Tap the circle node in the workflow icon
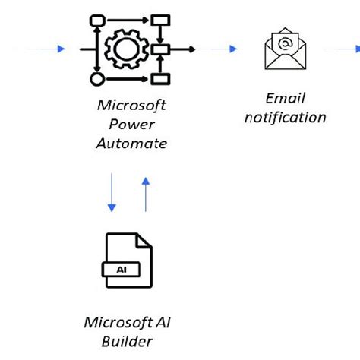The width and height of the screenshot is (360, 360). tap(96, 78)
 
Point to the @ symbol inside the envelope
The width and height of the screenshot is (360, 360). tap(285, 43)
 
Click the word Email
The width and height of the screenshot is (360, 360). tap(284, 99)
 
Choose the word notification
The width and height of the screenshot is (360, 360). tap(285, 117)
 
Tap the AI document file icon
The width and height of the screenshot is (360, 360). tap(127, 262)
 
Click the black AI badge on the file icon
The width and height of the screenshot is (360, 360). tap(122, 269)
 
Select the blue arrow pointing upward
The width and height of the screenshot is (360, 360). tap(146, 193)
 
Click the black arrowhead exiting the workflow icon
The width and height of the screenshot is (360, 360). tap(191, 49)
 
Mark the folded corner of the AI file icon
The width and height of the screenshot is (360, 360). tap(144, 242)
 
